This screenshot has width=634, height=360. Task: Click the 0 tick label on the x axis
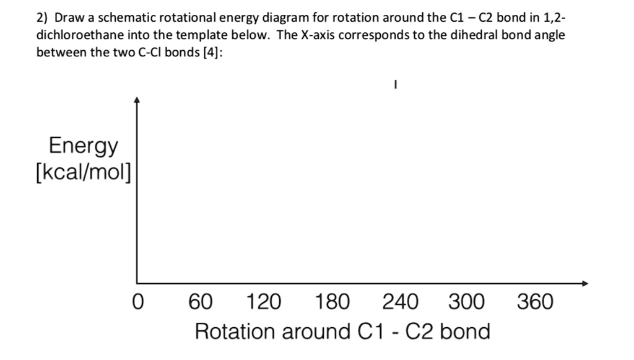(x=138, y=303)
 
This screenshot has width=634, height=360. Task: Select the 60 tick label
(x=201, y=303)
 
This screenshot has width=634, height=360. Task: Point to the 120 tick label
(x=264, y=303)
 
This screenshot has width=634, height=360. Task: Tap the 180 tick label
(x=332, y=303)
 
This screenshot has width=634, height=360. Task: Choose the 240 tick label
(x=400, y=303)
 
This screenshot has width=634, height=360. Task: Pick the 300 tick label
(x=467, y=303)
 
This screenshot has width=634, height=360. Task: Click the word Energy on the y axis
(x=84, y=146)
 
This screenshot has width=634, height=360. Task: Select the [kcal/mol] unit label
(x=84, y=173)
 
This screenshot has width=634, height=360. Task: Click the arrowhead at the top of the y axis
(x=137, y=99)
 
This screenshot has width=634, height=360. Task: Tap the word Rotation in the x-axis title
(x=236, y=331)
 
